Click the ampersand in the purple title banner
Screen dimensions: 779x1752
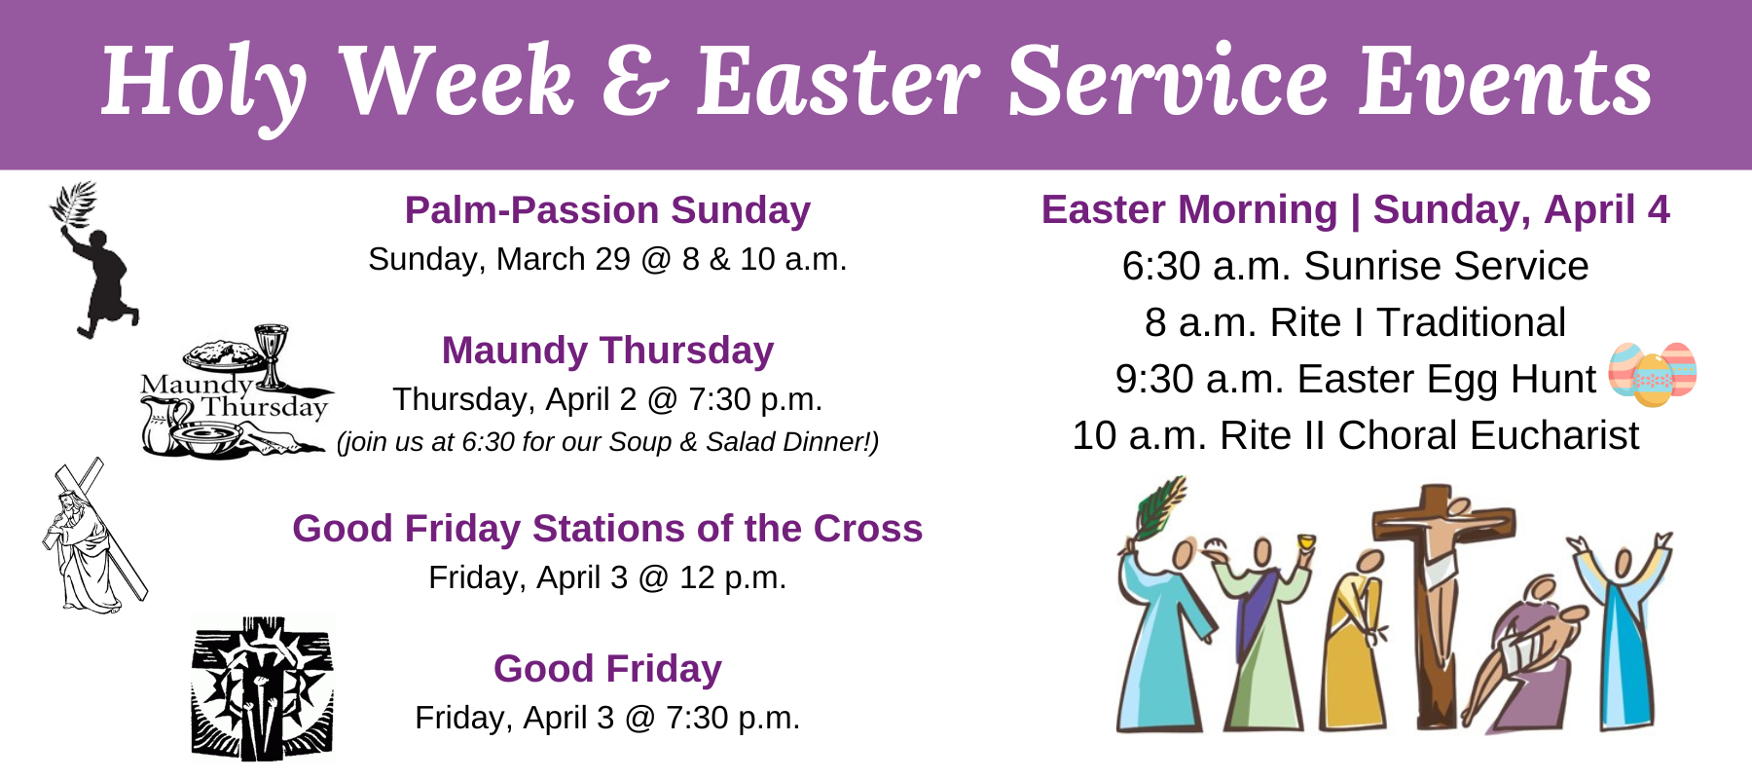click(x=634, y=82)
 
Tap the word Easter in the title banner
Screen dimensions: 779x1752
click(x=837, y=82)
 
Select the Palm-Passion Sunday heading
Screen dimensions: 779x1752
click(x=607, y=210)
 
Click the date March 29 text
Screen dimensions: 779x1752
click(x=563, y=259)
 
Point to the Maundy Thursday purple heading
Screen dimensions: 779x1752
click(x=607, y=351)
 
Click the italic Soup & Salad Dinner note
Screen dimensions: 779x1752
click(x=607, y=442)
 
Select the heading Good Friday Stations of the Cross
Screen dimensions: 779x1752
click(x=607, y=529)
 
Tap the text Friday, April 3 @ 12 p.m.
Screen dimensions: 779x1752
click(x=607, y=577)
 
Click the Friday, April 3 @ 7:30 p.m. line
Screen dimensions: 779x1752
click(x=607, y=718)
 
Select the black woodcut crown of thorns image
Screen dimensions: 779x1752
click(x=262, y=686)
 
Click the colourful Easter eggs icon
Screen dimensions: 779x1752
click(x=1652, y=373)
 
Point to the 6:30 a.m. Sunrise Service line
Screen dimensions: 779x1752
click(x=1355, y=266)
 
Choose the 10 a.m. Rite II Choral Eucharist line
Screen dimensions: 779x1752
click(x=1355, y=435)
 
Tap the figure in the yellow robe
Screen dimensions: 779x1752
click(x=1353, y=652)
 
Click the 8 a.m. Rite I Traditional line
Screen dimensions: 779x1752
click(x=1355, y=322)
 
